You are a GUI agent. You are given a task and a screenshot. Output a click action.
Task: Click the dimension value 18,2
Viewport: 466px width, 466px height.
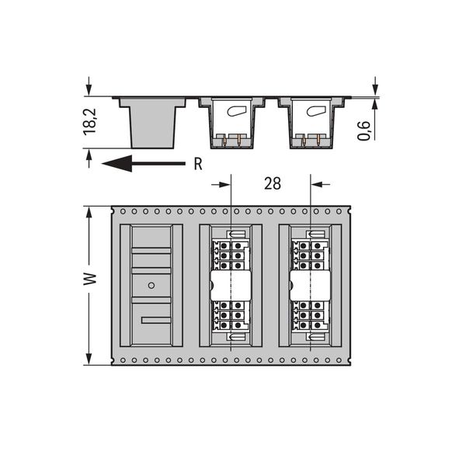coord(90,122)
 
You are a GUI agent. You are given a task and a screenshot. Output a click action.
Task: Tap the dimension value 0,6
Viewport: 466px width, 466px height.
coord(363,130)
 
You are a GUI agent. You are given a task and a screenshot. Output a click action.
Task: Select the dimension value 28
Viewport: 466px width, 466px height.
coord(273,183)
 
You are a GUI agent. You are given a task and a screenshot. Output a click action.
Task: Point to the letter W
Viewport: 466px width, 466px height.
coord(90,279)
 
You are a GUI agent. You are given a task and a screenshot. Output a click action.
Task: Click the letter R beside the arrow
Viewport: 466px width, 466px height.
coord(198,164)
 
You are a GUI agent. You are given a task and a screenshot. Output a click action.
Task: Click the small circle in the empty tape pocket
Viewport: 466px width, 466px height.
coord(151,285)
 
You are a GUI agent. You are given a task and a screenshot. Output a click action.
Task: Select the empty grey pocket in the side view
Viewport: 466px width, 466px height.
coord(152,123)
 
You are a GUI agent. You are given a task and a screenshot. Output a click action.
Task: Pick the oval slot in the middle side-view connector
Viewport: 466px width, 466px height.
coord(237,111)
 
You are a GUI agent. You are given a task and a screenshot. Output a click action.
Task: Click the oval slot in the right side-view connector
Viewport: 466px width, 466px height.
coord(316,111)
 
